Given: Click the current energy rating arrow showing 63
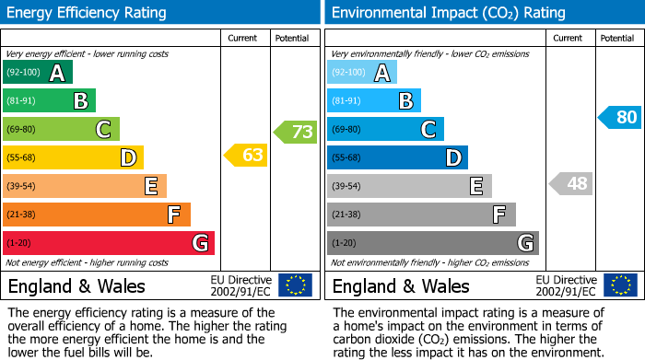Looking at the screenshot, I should (x=246, y=156).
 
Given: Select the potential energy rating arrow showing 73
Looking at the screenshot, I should (x=296, y=132).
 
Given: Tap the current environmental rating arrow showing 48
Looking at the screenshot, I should (x=570, y=184).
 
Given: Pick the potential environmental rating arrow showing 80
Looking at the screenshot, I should (x=619, y=118).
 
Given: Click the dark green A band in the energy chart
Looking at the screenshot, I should (x=37, y=73).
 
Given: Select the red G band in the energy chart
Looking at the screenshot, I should (x=109, y=243).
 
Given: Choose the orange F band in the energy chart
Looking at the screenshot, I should (x=97, y=215).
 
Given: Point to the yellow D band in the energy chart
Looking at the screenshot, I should (x=73, y=157).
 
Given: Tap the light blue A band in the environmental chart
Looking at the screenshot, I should (x=362, y=73).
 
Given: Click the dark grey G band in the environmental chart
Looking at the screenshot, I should (x=433, y=243).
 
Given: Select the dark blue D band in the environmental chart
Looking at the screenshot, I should (x=397, y=157).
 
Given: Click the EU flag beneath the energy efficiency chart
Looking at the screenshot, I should (x=295, y=285).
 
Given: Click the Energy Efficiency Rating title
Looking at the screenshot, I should (x=88, y=13).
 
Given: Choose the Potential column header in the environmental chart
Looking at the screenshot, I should (x=617, y=38).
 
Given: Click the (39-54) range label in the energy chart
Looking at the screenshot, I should (x=20, y=187).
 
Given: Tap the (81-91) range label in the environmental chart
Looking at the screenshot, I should (x=346, y=101).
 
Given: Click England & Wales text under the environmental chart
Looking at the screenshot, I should (x=401, y=285).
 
